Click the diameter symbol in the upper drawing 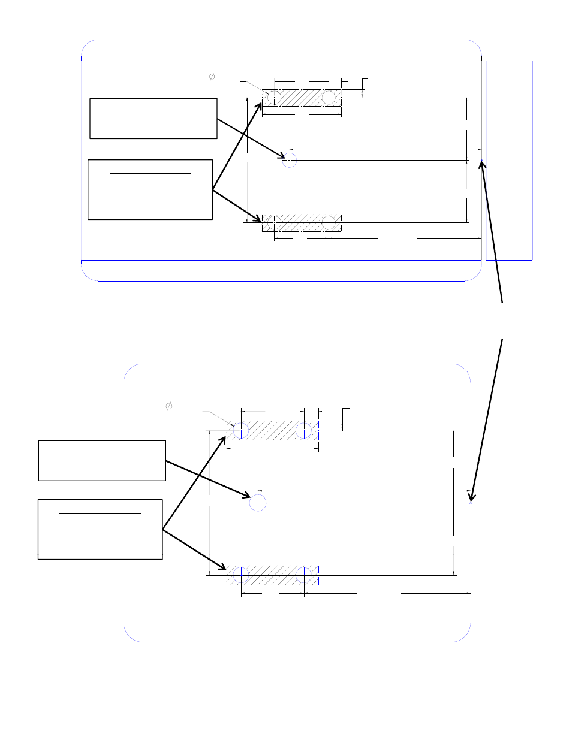tap(212, 77)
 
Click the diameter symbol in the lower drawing tap(169, 406)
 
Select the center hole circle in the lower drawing tap(258, 503)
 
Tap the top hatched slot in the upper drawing tap(302, 98)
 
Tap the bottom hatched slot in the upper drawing tap(302, 223)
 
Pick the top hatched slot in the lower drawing tap(272, 430)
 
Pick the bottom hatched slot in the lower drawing tap(272, 575)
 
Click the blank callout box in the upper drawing tap(153, 119)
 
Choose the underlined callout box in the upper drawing tap(150, 190)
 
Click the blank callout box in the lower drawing tap(102, 460)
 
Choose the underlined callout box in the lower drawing tap(100, 530)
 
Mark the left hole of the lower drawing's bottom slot tap(240, 575)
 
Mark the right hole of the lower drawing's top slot tap(304, 430)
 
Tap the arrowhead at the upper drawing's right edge tap(482, 164)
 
